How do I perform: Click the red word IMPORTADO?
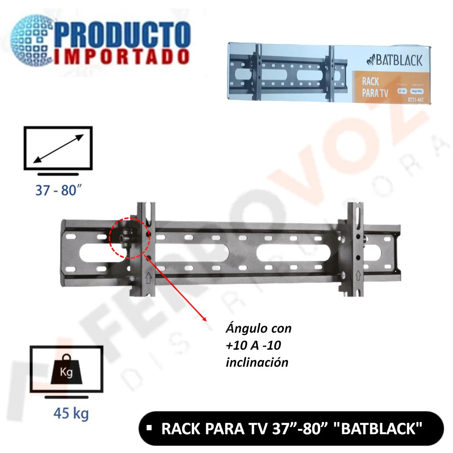pos(122,57)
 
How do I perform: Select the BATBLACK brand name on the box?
pos(395,60)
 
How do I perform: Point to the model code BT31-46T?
pos(415,100)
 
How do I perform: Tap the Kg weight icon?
pos(66,370)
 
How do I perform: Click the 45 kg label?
pos(71,414)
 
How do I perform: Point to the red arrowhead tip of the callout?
pos(206,320)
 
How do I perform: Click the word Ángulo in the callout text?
pos(243,328)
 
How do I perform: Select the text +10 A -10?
pos(253,345)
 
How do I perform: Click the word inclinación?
pos(257,362)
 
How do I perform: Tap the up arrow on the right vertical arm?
pos(358,275)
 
